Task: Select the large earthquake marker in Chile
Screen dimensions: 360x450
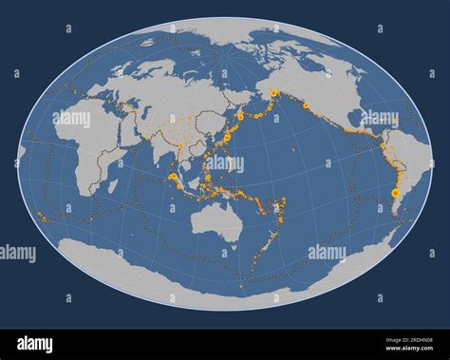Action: coord(395,192)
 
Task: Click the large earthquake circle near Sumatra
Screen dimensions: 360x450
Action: coord(174,177)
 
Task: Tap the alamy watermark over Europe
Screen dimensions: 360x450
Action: coord(72,119)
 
